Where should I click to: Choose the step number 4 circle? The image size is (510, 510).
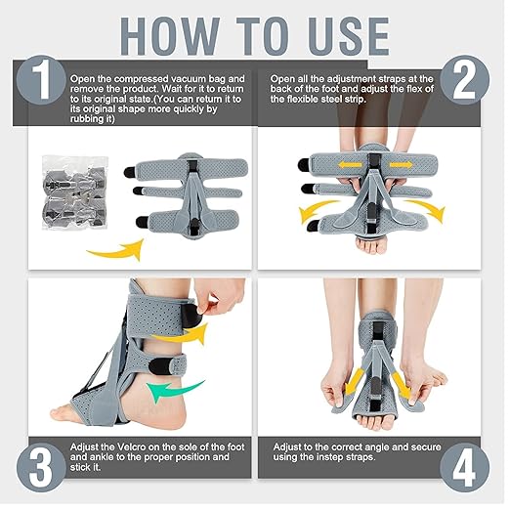point(472,467)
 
